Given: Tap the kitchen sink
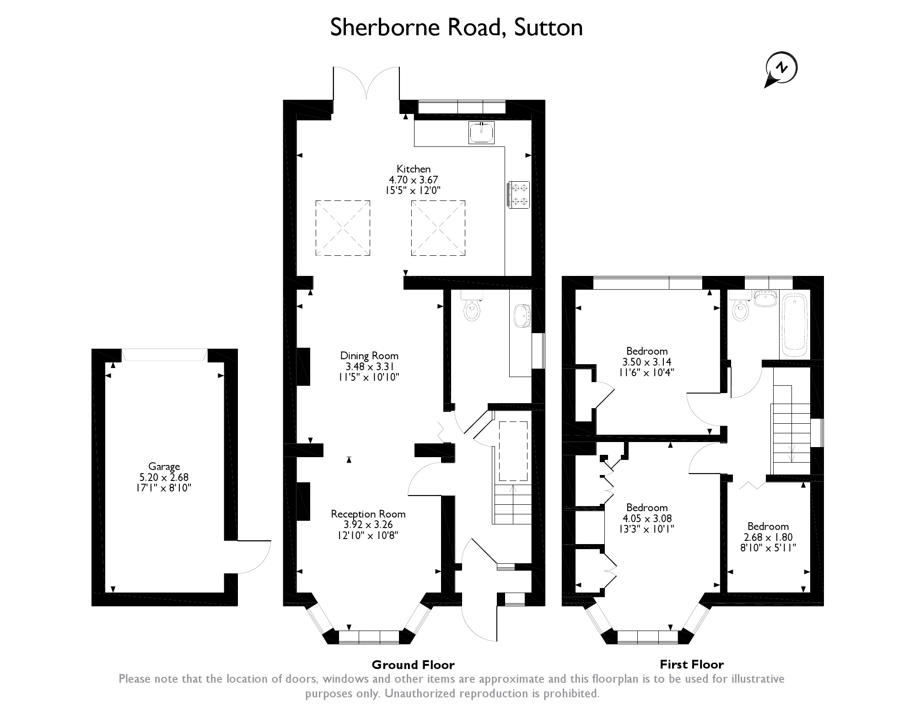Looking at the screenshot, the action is tap(481, 132).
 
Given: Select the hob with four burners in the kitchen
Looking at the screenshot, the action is tap(518, 194).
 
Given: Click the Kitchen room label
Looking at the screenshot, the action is tap(414, 169).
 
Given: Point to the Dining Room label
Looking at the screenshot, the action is tap(369, 356).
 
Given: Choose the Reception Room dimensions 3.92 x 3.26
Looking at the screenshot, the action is tap(368, 525).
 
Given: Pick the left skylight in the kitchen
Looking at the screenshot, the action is tap(343, 228).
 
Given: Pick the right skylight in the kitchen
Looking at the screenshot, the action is tap(438, 228).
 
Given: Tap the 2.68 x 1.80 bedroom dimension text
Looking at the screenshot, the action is tap(768, 538).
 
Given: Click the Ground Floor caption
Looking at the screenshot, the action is tap(413, 665).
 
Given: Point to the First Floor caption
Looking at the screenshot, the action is tap(692, 664).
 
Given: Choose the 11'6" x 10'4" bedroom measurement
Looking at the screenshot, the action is tap(646, 372).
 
